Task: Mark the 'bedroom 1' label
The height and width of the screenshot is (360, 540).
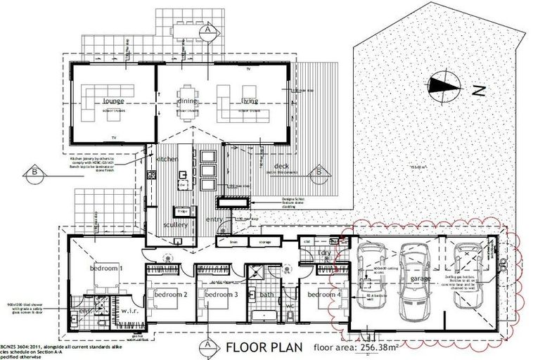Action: [106, 269]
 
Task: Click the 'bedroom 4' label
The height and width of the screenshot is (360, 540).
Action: [324, 294]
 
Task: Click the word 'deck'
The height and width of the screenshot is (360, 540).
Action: [273, 167]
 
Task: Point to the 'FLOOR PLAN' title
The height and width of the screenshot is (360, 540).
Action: [264, 347]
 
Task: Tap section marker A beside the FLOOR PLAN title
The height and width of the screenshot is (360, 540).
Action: [209, 346]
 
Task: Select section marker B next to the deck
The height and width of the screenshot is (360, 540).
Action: [319, 171]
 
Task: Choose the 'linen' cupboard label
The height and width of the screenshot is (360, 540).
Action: [224, 242]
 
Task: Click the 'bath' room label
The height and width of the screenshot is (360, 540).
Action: [266, 295]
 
